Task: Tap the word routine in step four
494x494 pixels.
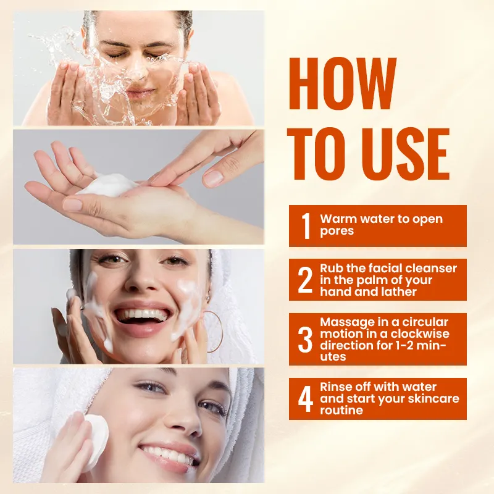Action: coord(341,410)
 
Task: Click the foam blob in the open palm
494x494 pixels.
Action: coord(108,185)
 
